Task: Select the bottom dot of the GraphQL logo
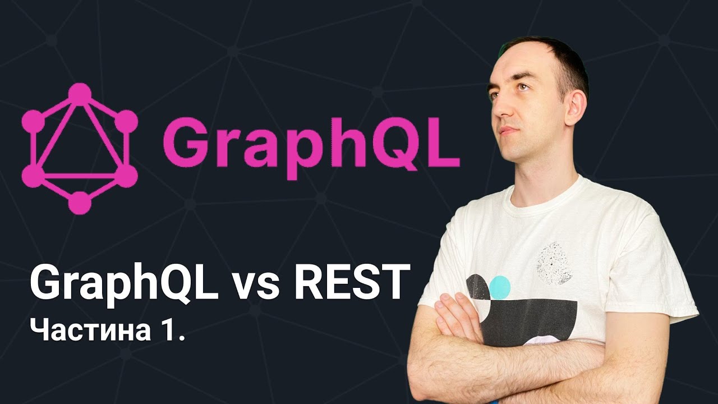pos(80,203)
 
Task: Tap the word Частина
pos(90,330)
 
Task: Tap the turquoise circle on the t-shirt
pos(500,288)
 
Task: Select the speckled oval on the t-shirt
pos(555,264)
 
